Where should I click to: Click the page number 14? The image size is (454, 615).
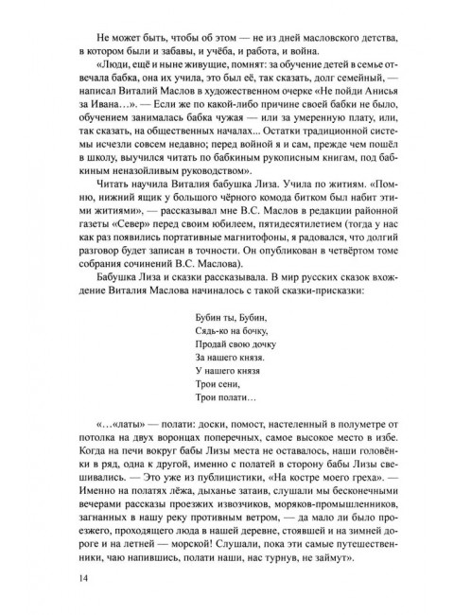pos(63,574)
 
